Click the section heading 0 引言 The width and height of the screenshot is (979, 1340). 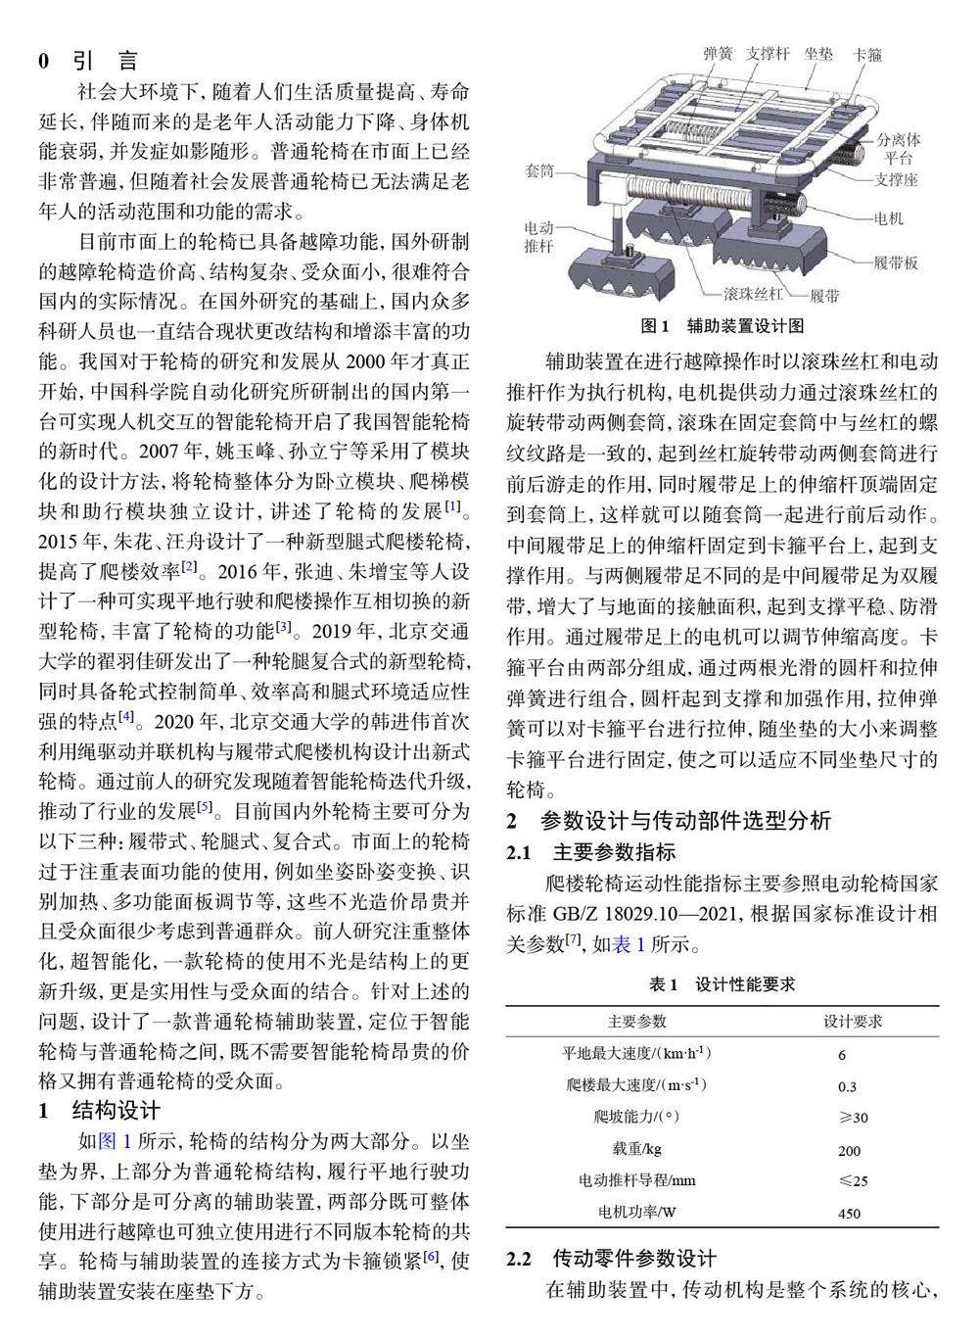[88, 61]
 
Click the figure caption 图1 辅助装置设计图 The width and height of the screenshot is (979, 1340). [722, 325]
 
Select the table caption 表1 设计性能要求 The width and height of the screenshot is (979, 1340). [722, 984]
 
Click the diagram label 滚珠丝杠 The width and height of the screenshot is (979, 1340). [753, 293]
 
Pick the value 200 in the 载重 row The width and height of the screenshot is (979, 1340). [849, 1150]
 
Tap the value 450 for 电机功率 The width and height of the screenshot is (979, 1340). [849, 1214]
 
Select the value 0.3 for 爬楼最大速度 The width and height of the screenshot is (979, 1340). [847, 1086]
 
